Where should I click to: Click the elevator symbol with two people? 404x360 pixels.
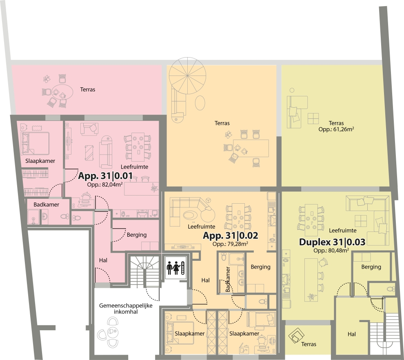pyautogui.click(x=176, y=268)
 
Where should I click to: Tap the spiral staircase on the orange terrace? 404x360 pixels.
pyautogui.click(x=188, y=76)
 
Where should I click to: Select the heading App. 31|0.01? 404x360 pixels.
pyautogui.click(x=105, y=176)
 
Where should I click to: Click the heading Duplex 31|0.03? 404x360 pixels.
pyautogui.click(x=332, y=242)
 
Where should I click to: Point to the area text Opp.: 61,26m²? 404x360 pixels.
pyautogui.click(x=336, y=129)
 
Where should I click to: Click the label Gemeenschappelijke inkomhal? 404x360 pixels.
pyautogui.click(x=126, y=309)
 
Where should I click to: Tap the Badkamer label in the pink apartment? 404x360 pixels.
pyautogui.click(x=47, y=204)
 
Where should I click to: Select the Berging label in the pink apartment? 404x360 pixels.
pyautogui.click(x=137, y=235)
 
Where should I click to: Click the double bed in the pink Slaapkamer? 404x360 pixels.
pyautogui.click(x=35, y=144)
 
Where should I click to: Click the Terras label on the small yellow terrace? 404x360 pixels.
pyautogui.click(x=309, y=344)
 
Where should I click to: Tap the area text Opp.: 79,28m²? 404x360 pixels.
pyautogui.click(x=230, y=244)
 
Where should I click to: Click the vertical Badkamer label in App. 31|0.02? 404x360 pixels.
pyautogui.click(x=228, y=279)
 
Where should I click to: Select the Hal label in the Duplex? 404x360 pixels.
pyautogui.click(x=352, y=334)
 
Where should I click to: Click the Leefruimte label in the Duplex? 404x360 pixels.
pyautogui.click(x=343, y=230)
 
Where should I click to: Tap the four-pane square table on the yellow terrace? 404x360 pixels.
pyautogui.click(x=313, y=118)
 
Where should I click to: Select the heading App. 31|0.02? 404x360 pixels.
pyautogui.click(x=231, y=235)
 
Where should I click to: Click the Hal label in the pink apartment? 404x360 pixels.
pyautogui.click(x=103, y=260)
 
